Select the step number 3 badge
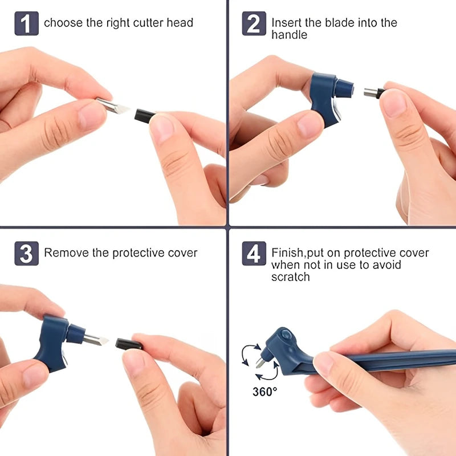[26, 253]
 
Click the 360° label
[265, 392]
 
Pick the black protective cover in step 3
[129, 344]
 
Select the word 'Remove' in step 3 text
[64, 253]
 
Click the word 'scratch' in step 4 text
[290, 277]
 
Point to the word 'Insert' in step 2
[285, 23]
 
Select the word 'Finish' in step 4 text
[288, 253]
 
